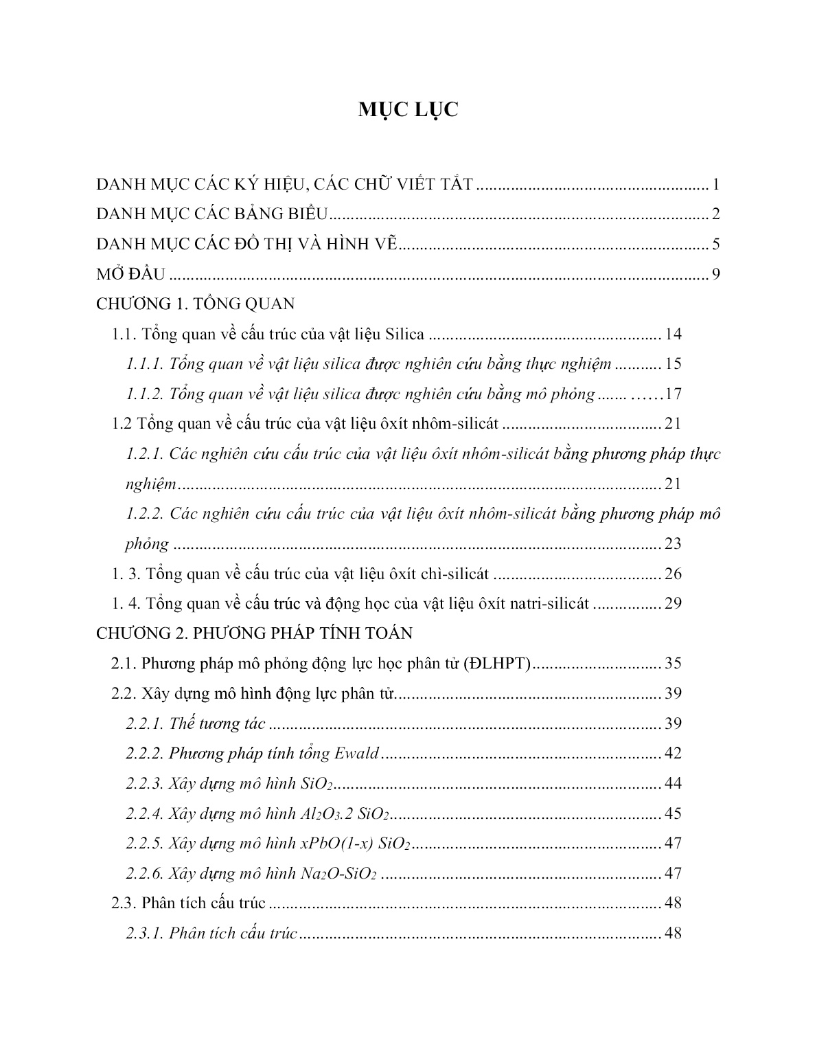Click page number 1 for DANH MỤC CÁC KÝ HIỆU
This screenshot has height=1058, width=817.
pyautogui.click(x=715, y=185)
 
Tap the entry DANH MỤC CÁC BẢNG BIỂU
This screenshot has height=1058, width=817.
pyautogui.click(x=214, y=214)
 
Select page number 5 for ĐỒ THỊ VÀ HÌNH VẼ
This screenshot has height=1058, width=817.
pyautogui.click(x=715, y=245)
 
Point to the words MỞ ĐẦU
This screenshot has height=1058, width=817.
pyautogui.click(x=130, y=274)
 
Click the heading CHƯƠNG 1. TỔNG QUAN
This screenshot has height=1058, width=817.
pyautogui.click(x=196, y=304)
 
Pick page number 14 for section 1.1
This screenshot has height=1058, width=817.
pyautogui.click(x=673, y=335)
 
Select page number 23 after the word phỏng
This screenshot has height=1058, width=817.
pyautogui.click(x=673, y=544)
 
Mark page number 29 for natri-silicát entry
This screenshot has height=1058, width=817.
pyautogui.click(x=673, y=604)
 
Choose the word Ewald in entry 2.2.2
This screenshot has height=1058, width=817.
pyautogui.click(x=356, y=754)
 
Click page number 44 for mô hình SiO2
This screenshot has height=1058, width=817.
pyautogui.click(x=673, y=784)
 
